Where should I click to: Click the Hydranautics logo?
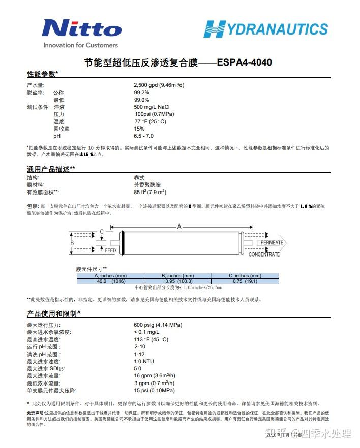265,28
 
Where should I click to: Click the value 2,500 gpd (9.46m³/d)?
159,85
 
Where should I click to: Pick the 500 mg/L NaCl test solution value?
152,107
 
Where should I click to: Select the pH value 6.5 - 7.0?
143,136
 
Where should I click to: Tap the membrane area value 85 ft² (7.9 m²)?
149,193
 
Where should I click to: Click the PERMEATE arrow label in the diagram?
272,243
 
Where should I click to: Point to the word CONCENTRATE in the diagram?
264,254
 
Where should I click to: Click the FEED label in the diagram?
110,250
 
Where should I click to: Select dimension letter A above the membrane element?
179,227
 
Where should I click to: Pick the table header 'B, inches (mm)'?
177,275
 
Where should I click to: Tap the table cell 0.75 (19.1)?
245,281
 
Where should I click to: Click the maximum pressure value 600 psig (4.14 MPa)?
158,325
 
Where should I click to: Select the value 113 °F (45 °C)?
151,339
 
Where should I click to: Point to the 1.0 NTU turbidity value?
144,361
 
